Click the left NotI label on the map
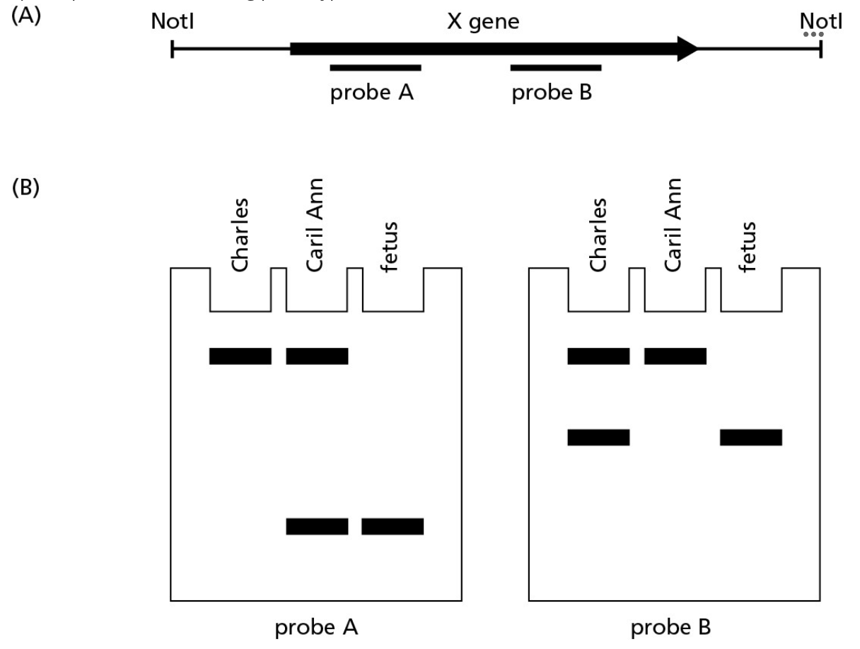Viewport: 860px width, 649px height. [173, 23]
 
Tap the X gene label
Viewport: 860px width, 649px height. [484, 23]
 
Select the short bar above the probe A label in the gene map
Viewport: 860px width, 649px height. [376, 68]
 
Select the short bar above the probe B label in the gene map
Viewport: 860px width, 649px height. [556, 68]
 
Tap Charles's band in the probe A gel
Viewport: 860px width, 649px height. [240, 356]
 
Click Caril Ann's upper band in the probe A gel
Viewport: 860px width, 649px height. [317, 356]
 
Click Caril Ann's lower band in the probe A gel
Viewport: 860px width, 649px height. [317, 527]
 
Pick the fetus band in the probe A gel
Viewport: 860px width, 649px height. [393, 527]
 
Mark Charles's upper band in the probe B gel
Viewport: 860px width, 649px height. [598, 356]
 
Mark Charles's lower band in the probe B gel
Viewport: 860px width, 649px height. [598, 438]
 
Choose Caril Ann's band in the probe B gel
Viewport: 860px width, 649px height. [675, 356]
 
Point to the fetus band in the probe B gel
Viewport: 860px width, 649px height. [751, 438]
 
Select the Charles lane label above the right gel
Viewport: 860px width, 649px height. [598, 234]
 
